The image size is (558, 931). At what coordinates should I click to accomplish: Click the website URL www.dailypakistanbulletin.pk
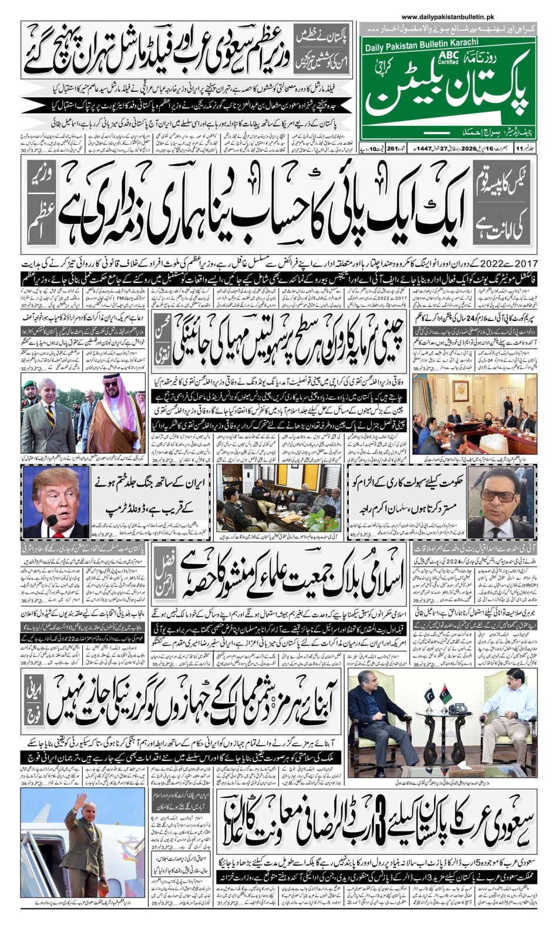[448, 18]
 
